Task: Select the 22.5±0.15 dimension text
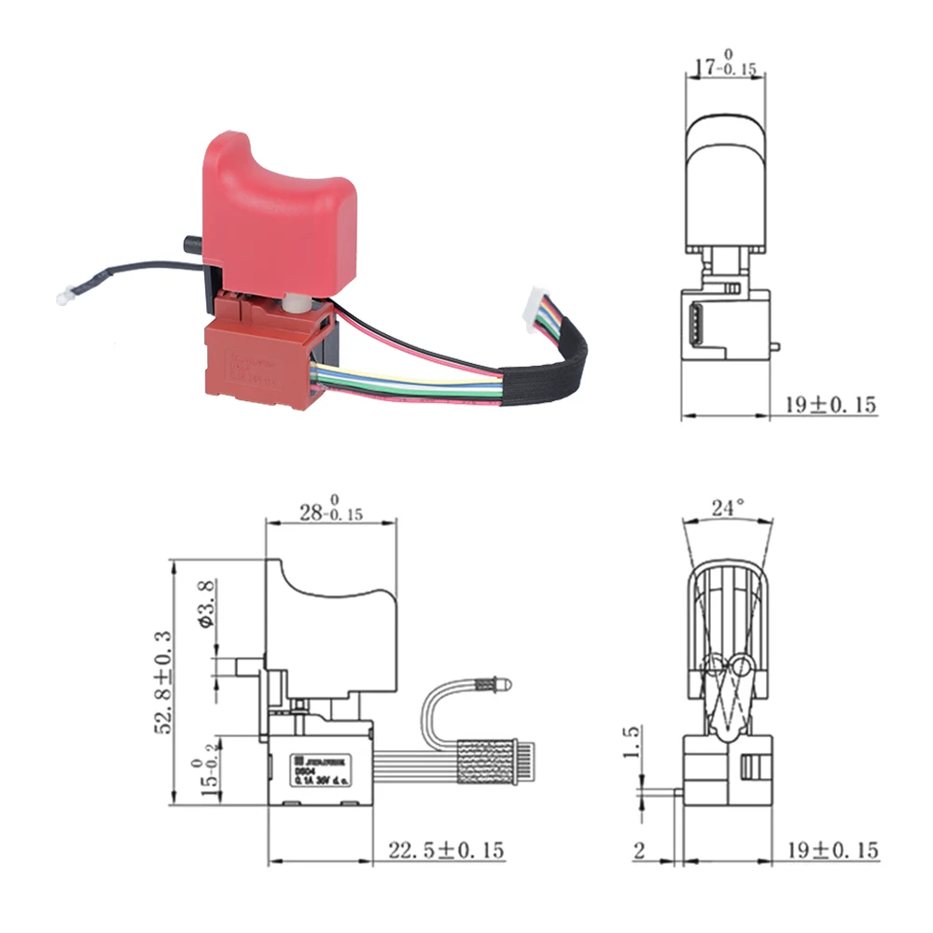click(x=446, y=850)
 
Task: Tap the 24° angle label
click(x=728, y=508)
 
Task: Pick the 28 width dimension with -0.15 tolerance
click(x=330, y=511)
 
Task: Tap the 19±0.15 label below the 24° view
click(x=830, y=850)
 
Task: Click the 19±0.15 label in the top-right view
click(x=830, y=405)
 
